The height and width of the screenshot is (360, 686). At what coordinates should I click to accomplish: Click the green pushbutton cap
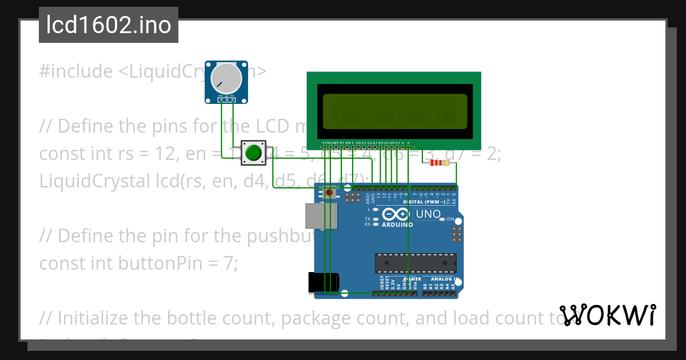pos(253,153)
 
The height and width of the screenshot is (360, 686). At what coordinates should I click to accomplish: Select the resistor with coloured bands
pos(438,163)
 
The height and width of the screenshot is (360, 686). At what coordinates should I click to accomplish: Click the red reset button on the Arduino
pos(329,193)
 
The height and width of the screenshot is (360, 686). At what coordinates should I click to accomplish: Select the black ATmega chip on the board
pos(416,263)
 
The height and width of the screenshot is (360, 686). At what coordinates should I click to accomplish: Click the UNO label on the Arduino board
pos(428,214)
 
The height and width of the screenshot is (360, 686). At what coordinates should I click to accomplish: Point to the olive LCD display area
pos(394,112)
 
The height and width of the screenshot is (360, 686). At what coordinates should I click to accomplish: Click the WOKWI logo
pos(607,315)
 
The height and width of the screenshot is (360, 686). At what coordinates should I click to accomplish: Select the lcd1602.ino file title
pos(109,25)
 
